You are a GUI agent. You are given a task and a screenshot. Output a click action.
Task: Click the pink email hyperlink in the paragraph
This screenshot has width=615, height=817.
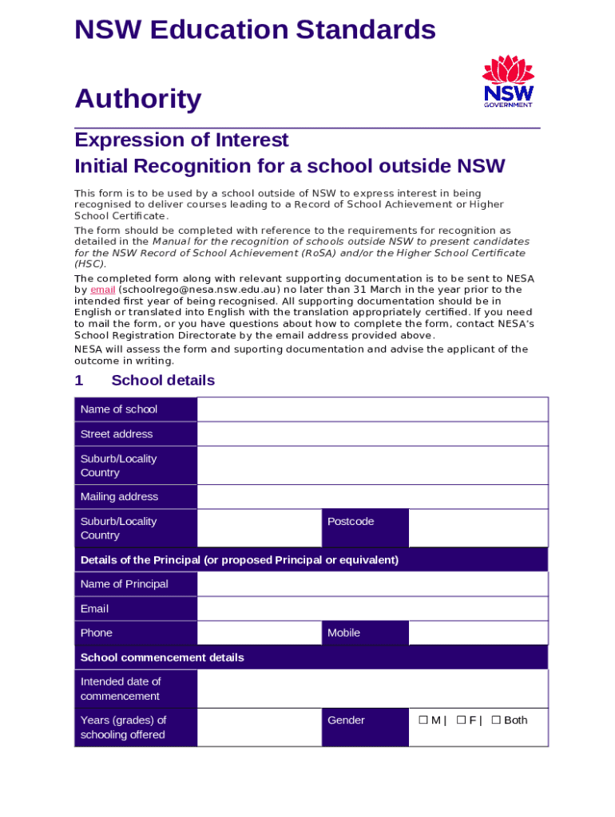click(x=103, y=290)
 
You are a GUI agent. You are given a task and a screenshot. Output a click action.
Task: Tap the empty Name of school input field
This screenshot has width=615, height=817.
click(x=372, y=409)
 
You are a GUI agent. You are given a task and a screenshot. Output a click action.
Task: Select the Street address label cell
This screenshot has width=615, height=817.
click(x=136, y=434)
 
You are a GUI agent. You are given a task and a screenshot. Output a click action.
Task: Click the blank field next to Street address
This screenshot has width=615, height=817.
click(x=372, y=434)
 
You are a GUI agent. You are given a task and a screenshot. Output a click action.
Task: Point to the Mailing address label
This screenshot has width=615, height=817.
click(x=136, y=496)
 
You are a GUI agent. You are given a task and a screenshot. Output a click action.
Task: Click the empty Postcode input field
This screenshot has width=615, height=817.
click(x=478, y=528)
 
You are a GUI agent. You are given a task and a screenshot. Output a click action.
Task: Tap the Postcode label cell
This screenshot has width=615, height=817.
click(x=365, y=528)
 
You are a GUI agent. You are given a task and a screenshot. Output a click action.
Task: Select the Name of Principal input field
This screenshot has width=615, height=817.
click(x=372, y=584)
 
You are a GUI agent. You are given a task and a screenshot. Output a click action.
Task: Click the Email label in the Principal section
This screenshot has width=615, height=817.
click(x=136, y=609)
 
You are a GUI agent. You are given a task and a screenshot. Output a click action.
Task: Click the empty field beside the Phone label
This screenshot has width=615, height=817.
click(x=259, y=633)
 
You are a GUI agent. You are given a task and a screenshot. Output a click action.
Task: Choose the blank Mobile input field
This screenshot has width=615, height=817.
click(x=478, y=633)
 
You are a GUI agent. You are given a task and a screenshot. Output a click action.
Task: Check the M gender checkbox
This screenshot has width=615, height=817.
click(x=423, y=720)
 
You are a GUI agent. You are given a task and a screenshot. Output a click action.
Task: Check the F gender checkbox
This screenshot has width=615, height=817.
click(x=461, y=720)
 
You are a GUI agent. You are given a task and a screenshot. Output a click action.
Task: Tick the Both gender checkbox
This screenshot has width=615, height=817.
click(x=496, y=720)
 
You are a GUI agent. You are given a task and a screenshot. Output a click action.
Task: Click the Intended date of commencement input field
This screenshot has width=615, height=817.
click(x=372, y=689)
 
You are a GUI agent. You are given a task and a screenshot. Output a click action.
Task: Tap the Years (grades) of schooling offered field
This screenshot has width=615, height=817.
click(x=259, y=727)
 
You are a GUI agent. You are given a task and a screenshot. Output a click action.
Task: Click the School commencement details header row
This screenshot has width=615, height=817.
click(x=311, y=657)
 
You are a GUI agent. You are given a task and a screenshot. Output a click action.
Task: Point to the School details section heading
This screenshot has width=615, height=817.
click(x=162, y=381)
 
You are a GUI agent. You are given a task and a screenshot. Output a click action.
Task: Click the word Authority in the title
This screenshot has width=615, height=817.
click(x=137, y=100)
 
